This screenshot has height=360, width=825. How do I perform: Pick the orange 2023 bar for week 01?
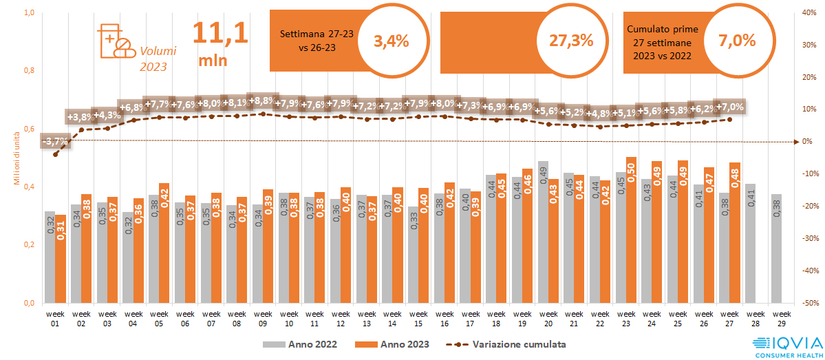[61, 258]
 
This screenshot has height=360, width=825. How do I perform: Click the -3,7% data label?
[55, 142]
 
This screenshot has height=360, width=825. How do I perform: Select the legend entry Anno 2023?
[389, 343]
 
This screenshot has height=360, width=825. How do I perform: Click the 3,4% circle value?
[391, 41]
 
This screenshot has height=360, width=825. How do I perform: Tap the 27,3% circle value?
[571, 41]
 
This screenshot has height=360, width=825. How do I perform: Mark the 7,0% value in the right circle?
[736, 41]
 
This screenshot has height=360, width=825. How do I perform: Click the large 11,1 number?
[219, 33]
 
